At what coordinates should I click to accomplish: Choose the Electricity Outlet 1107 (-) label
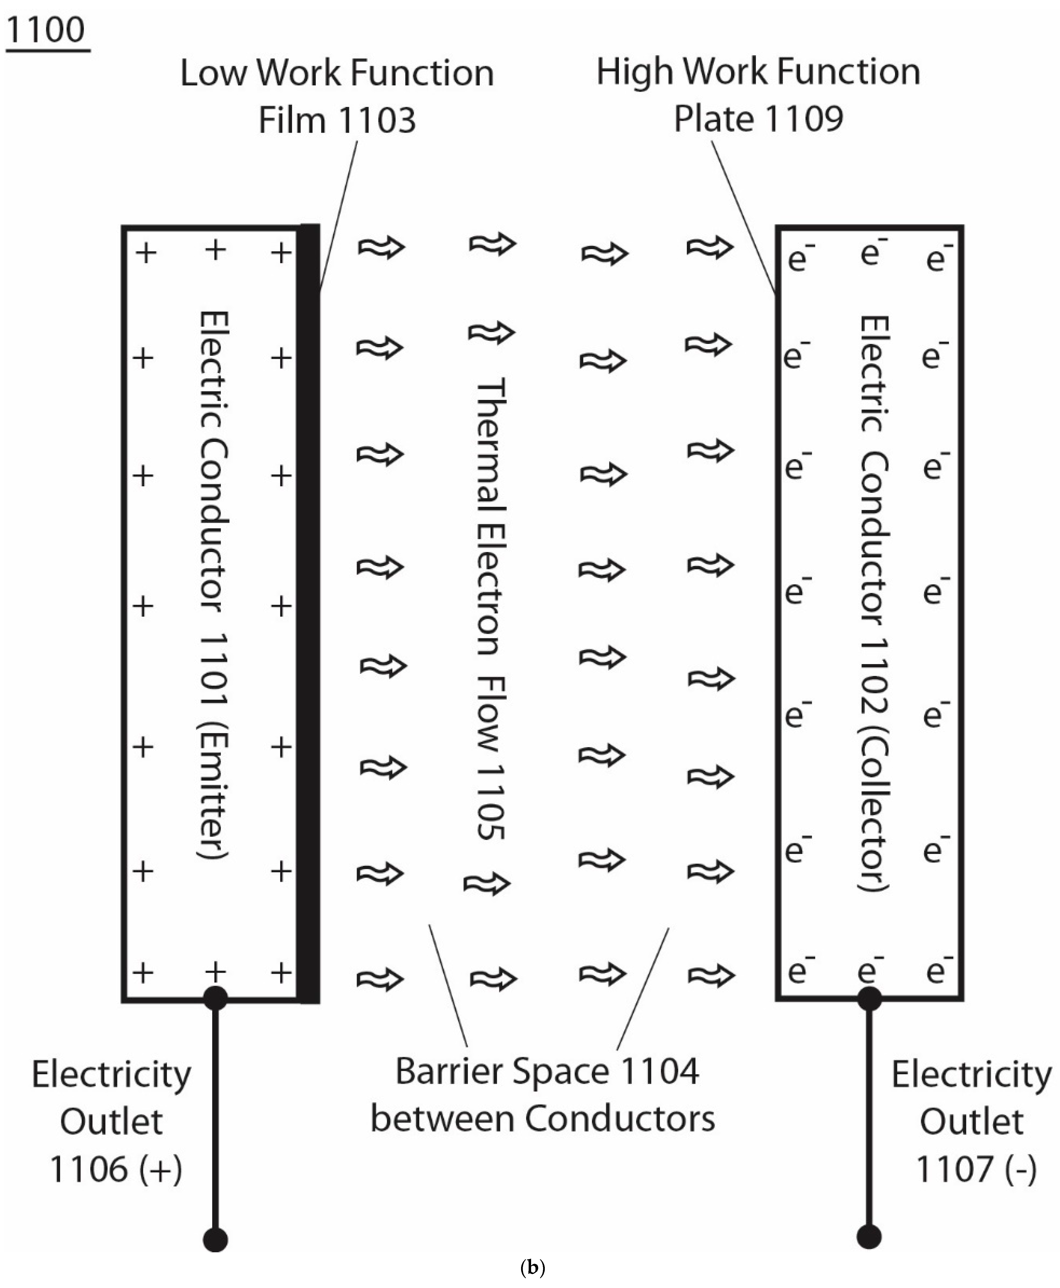(x=972, y=1121)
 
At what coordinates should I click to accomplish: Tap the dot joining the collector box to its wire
(x=869, y=998)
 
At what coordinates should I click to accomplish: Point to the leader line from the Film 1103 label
(x=338, y=214)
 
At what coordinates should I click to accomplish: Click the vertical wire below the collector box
(x=869, y=1118)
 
